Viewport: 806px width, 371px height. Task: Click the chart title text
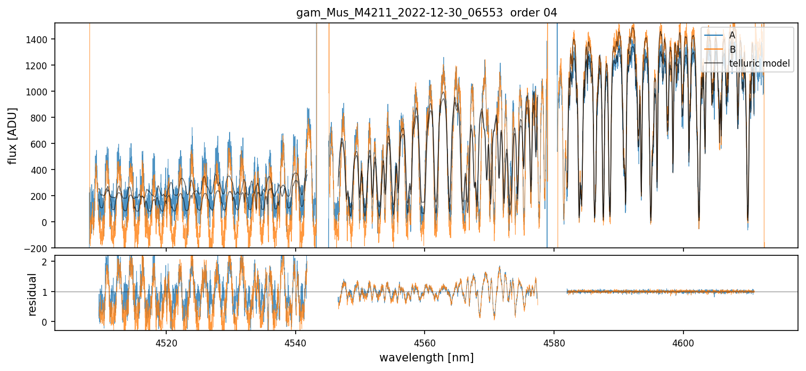426,13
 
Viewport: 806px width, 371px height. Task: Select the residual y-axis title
32,294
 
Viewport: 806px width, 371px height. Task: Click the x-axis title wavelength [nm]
426,357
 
